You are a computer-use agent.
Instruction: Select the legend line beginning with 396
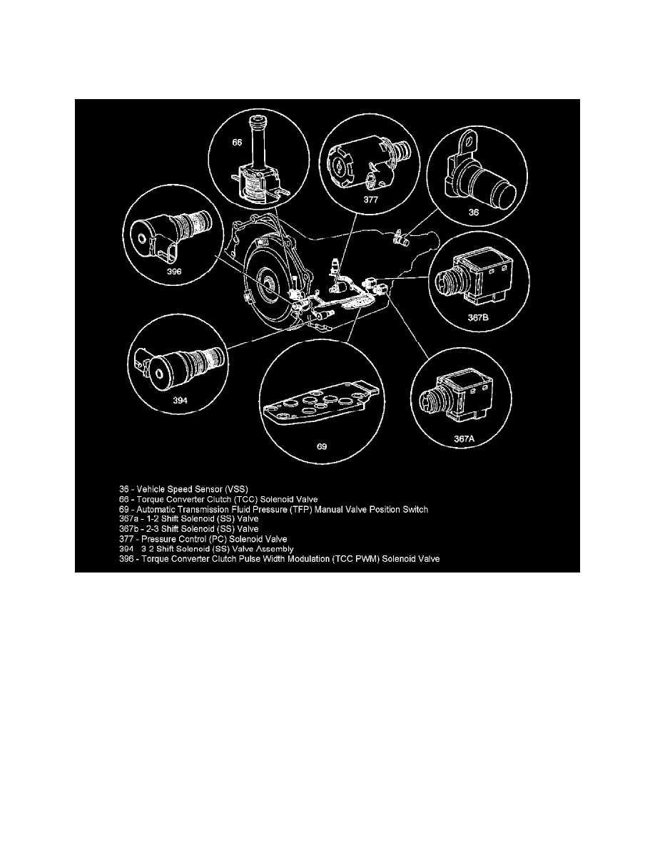click(279, 559)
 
